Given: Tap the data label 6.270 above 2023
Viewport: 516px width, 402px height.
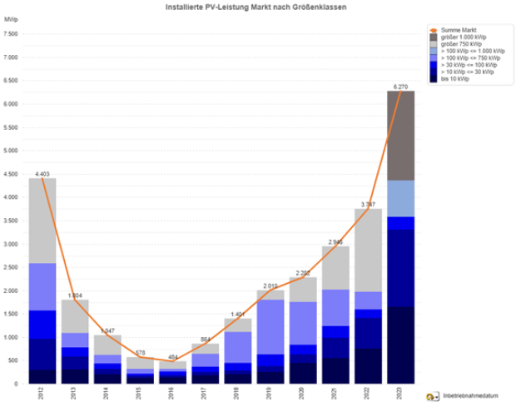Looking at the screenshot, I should [399, 86].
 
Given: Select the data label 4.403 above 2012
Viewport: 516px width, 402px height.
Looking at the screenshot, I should [42, 173].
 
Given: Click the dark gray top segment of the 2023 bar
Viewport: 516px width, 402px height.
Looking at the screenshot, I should [400, 135].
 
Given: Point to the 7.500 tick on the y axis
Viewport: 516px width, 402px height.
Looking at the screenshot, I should [10, 34].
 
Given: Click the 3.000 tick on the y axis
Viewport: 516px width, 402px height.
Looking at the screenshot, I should [10, 244].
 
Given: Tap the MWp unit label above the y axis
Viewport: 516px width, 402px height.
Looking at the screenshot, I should [11, 18].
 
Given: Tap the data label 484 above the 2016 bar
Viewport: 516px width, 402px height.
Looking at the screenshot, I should [171, 356].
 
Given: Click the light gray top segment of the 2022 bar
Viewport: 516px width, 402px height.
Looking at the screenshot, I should [368, 250].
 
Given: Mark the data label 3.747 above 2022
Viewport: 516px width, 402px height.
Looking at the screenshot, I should [367, 204].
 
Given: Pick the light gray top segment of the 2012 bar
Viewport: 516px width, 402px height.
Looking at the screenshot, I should [42, 221].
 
